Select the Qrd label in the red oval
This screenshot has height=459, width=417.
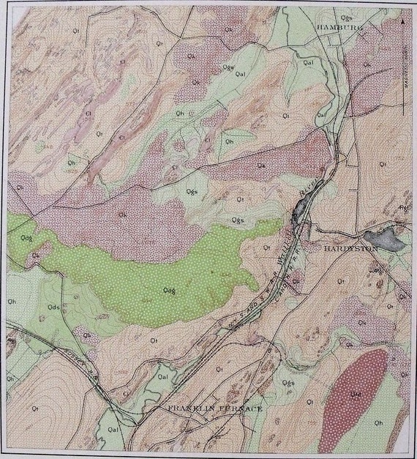(356, 393)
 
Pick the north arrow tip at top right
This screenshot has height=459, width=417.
(405, 22)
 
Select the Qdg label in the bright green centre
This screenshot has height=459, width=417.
(169, 290)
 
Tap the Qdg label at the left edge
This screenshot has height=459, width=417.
(26, 238)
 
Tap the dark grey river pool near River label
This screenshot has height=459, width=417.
(300, 212)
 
